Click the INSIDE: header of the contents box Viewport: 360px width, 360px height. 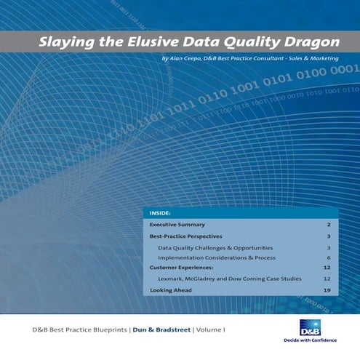pyautogui.click(x=160, y=214)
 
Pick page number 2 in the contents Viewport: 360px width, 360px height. pyautogui.click(x=329, y=225)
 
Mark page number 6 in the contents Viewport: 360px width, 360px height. pyautogui.click(x=329, y=257)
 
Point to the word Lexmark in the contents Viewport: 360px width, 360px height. pyautogui.click(x=171, y=279)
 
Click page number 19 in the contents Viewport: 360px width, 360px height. pyautogui.click(x=327, y=290)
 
